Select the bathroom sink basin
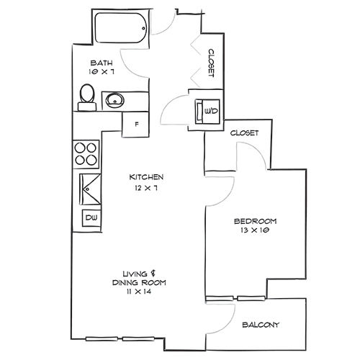[x=115, y=100]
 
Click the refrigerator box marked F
[x=135, y=125]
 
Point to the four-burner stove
[x=86, y=152]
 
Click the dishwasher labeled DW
[x=91, y=217]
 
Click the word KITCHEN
[x=147, y=177]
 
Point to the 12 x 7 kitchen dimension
[x=147, y=187]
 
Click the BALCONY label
[x=261, y=325]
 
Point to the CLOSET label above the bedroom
[x=244, y=133]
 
